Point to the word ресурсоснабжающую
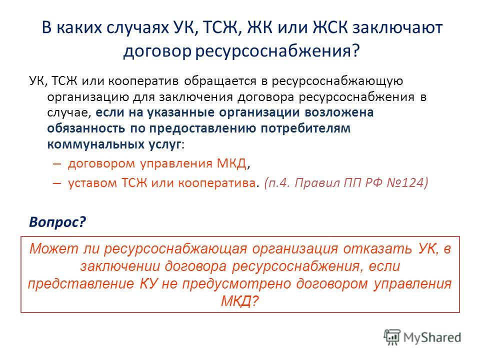coord(337,81)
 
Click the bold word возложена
coord(339,112)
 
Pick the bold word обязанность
coord(86,128)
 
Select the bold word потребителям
coord(305,128)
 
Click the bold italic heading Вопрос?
coord(57,222)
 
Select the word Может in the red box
coord(54,248)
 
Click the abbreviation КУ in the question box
coord(148,283)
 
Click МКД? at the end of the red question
coord(240,301)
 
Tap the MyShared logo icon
coord(392,337)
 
